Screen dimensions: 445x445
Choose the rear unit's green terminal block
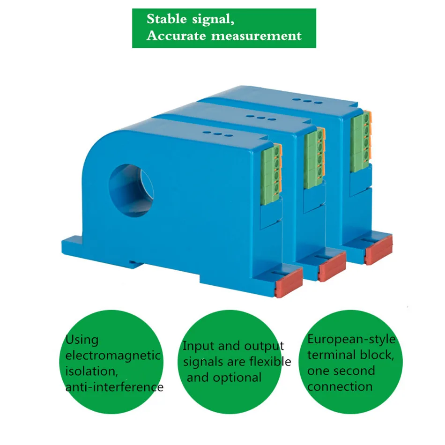coord(360,138)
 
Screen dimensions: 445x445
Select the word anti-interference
coord(114,387)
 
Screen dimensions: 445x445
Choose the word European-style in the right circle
coord(351,339)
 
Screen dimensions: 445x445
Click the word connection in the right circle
coord(340,387)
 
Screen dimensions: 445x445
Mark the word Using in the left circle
coord(82,340)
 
